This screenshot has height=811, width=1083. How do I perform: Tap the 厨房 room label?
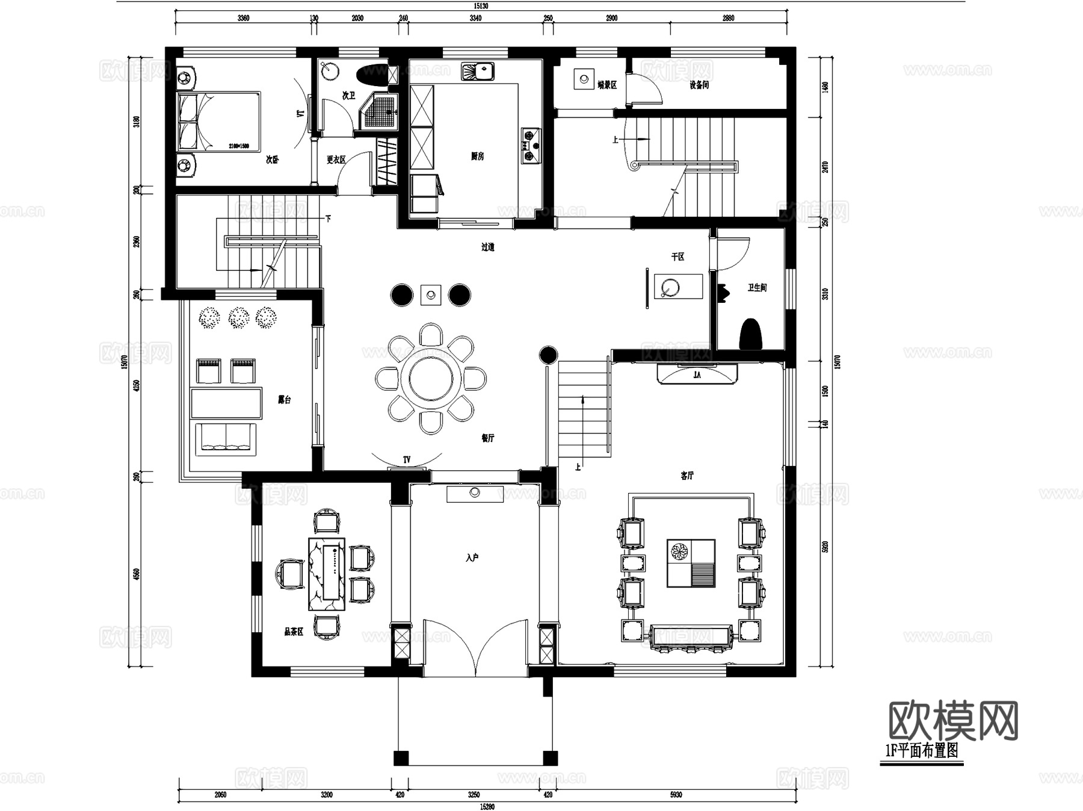pyautogui.click(x=477, y=157)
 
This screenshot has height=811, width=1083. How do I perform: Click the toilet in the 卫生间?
pyautogui.click(x=750, y=335)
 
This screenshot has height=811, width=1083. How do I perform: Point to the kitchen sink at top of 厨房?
pyautogui.click(x=478, y=72)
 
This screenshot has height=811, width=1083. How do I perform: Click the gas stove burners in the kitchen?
pyautogui.click(x=530, y=146)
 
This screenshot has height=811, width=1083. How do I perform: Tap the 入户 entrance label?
pyautogui.click(x=472, y=558)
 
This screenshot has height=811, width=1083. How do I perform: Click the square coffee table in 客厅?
pyautogui.click(x=691, y=563)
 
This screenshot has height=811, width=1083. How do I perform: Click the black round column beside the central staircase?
pyautogui.click(x=548, y=355)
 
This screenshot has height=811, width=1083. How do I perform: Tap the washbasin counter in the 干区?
pyautogui.click(x=678, y=287)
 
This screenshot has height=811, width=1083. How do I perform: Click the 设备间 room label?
pyautogui.click(x=699, y=85)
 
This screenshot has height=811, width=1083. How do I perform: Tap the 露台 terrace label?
pyautogui.click(x=284, y=400)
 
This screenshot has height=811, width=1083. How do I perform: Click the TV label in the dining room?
pyautogui.click(x=407, y=460)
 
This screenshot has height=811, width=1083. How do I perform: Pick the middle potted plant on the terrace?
pyautogui.click(x=239, y=317)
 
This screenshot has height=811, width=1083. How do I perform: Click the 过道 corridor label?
pyautogui.click(x=487, y=247)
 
